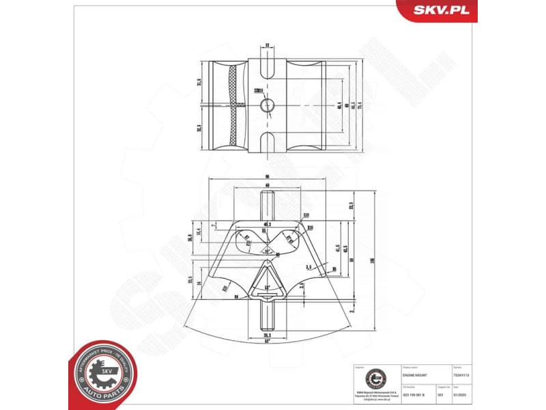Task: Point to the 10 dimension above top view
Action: click(x=267, y=46)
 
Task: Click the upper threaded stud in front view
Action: click(x=266, y=208)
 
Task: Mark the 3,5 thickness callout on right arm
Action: click(x=308, y=267)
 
